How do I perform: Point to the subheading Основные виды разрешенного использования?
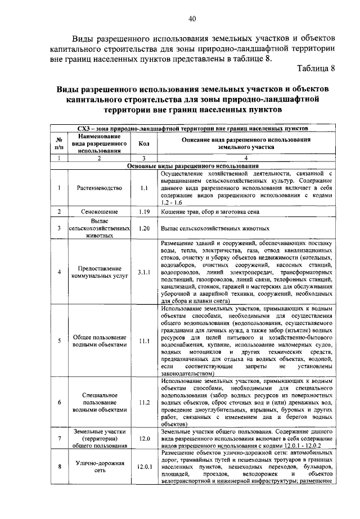point(192,166)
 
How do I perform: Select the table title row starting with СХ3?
point(192,128)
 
